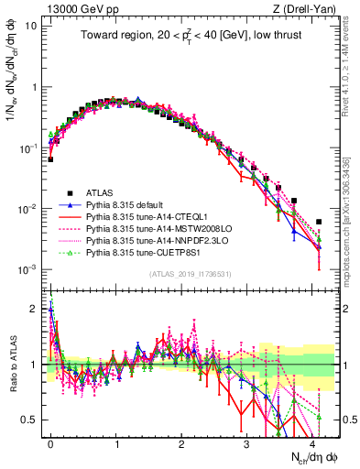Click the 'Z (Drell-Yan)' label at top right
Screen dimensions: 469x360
(306, 8)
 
